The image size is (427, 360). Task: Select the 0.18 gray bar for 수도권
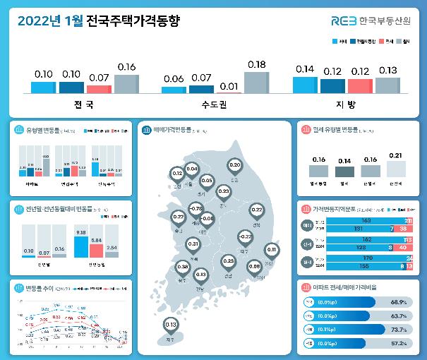256,83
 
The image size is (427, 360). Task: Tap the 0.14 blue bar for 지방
306,85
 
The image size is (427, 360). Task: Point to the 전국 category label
84,104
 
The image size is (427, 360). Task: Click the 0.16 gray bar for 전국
126,84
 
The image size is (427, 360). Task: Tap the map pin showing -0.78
197,210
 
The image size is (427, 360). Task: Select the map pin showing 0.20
235,166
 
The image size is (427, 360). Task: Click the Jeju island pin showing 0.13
170,325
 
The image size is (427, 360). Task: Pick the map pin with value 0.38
183,268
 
